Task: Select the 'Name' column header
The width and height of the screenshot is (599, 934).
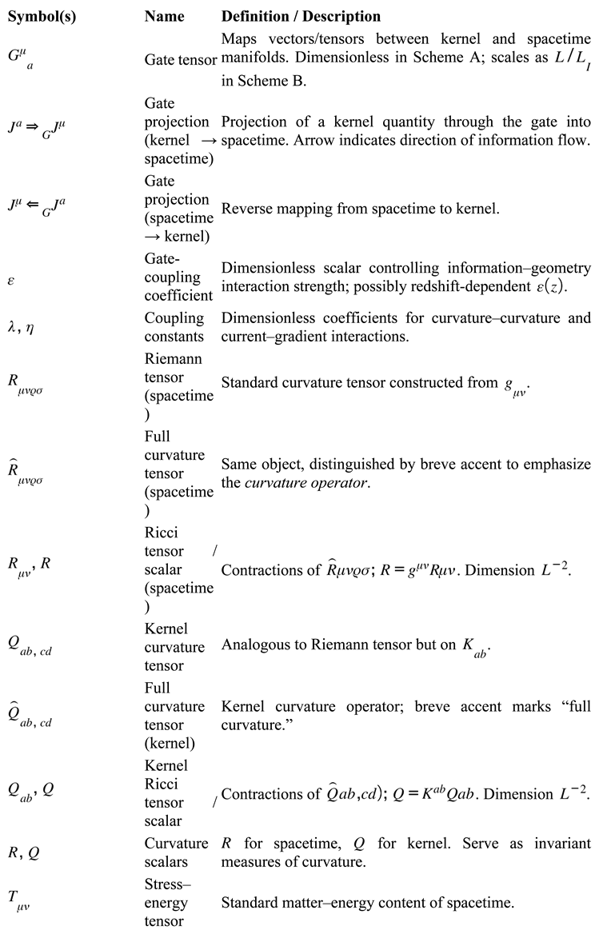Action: [165, 16]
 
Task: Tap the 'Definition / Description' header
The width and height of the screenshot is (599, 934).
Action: [301, 16]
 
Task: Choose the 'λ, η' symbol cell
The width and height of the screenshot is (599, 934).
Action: [24, 327]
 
